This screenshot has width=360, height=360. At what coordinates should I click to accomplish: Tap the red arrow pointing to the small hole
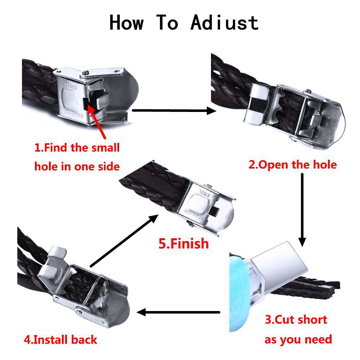tap(96, 121)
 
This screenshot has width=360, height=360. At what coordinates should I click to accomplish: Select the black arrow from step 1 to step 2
tap(174, 111)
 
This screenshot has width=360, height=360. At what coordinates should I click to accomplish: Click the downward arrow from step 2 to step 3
tap(302, 210)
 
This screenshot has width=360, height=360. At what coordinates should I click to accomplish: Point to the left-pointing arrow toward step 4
tap(178, 312)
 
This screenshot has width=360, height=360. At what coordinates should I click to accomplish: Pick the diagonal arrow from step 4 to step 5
tap(124, 241)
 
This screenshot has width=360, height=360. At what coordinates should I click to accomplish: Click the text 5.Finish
tap(184, 243)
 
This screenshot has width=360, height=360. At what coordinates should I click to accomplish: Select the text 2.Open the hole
tap(292, 165)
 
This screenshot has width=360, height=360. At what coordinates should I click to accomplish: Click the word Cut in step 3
tap(284, 319)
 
